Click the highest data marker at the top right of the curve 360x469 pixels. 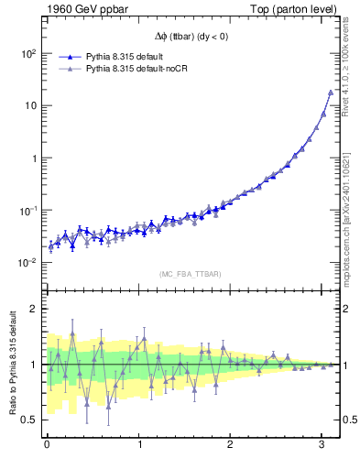click(x=331, y=93)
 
